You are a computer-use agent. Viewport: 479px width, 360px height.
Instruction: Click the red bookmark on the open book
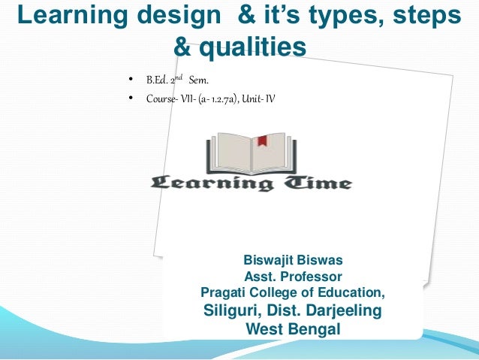point(262,141)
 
